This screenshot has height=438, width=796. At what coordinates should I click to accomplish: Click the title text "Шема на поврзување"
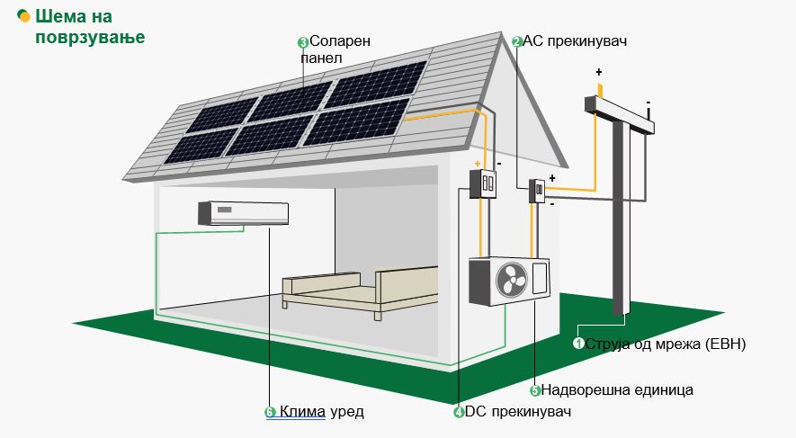click(81, 27)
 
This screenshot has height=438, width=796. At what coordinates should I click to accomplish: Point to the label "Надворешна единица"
click(617, 390)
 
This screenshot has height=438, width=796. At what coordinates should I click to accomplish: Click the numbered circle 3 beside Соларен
click(302, 42)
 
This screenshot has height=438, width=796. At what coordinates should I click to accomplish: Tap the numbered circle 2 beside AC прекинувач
click(517, 41)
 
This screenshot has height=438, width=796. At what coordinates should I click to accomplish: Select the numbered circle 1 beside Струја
click(579, 344)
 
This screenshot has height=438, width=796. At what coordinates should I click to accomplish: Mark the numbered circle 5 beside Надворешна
click(535, 390)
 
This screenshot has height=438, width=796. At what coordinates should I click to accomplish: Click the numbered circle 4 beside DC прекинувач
click(459, 413)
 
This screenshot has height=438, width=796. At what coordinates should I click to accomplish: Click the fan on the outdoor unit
click(512, 281)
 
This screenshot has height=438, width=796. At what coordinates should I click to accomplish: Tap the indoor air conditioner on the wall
click(244, 213)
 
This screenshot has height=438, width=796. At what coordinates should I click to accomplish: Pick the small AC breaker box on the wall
click(537, 192)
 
